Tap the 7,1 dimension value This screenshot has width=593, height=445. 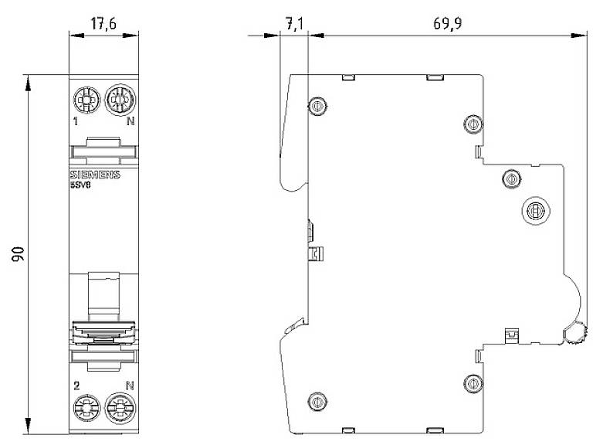(x=294, y=24)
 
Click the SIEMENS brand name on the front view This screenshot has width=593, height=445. (x=95, y=175)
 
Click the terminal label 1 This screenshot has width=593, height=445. (x=76, y=121)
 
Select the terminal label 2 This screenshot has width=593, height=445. (x=76, y=383)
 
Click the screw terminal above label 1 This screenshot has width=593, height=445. (x=84, y=99)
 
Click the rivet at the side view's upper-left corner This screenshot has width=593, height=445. (x=317, y=106)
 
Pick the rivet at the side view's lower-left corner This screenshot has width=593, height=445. (x=316, y=400)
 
